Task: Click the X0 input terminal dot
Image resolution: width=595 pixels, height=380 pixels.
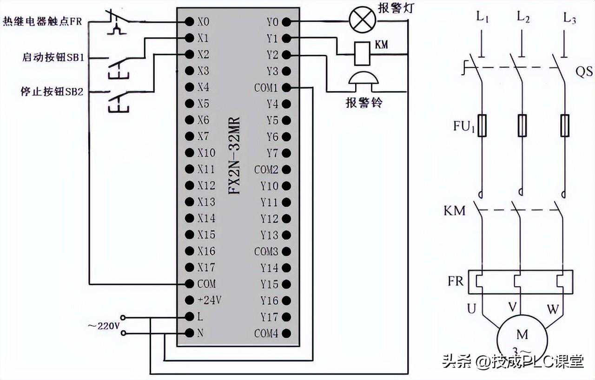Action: [x=190, y=21]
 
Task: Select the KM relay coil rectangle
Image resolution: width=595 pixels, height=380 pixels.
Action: [x=362, y=53]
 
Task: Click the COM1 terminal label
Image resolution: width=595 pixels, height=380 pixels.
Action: [x=265, y=87]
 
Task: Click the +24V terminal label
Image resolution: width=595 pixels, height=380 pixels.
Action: [x=209, y=300]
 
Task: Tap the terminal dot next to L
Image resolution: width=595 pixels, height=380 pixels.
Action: [x=190, y=316]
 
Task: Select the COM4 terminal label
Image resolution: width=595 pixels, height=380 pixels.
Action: [x=266, y=333]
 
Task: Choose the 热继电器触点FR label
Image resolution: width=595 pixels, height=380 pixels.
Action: [x=43, y=21]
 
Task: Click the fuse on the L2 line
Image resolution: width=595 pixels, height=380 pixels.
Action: [x=522, y=125]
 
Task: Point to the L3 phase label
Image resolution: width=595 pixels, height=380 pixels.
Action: [x=569, y=18]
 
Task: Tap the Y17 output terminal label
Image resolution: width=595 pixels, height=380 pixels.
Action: [x=269, y=317]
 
